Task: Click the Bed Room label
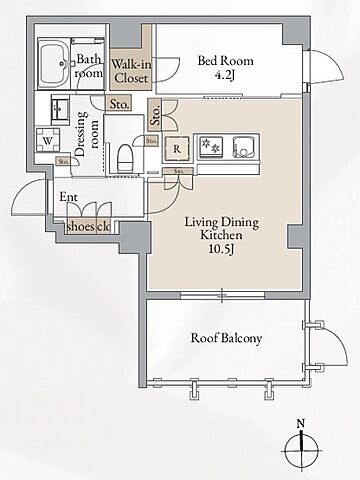[225, 61]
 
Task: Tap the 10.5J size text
[221, 249]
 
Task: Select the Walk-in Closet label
[131, 71]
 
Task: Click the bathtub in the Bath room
[54, 64]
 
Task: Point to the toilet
[125, 157]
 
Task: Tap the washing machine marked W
[48, 140]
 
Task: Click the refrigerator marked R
[177, 149]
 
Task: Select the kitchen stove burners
[211, 146]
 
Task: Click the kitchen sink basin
[245, 147]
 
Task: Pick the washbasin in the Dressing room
[60, 108]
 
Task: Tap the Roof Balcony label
[226, 338]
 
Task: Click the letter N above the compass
[301, 424]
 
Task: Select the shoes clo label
[89, 227]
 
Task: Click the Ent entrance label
[68, 197]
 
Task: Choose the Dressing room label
[88, 133]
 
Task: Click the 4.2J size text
[225, 76]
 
